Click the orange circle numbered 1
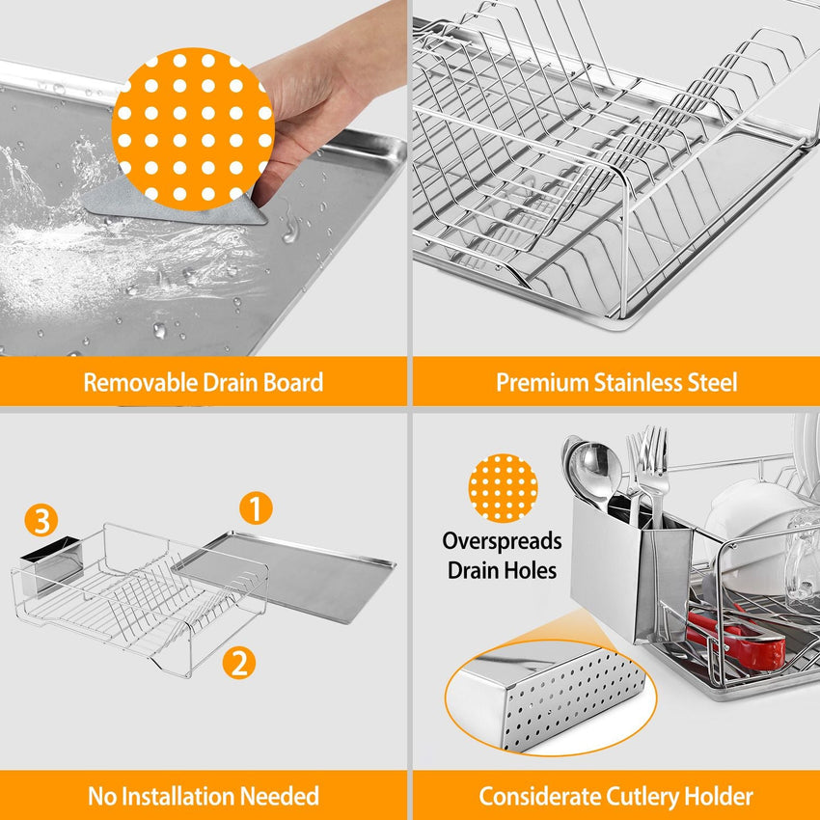click(x=256, y=508)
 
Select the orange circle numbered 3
click(x=41, y=521)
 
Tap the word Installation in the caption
click(x=218, y=797)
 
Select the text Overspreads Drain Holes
click(x=502, y=555)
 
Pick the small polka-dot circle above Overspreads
click(x=503, y=488)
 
